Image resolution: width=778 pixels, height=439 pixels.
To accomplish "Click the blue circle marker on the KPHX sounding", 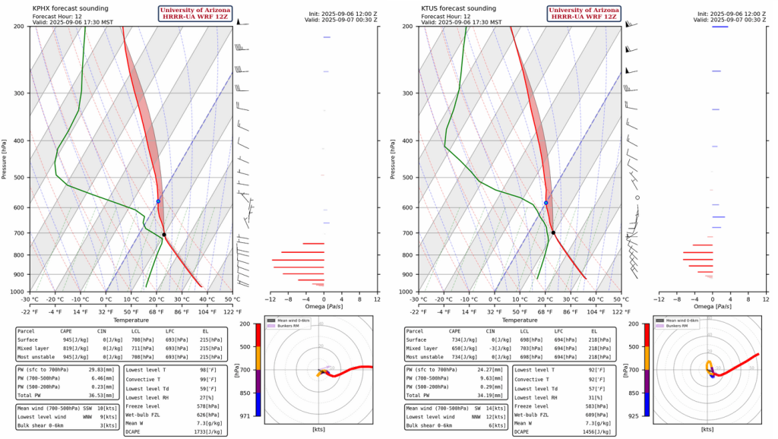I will click(158, 201).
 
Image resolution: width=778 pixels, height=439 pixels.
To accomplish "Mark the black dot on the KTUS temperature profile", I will click(553, 232).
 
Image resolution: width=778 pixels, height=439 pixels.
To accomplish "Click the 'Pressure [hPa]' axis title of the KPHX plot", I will click(7, 158).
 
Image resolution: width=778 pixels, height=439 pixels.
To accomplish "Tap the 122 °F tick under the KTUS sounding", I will click(621, 311).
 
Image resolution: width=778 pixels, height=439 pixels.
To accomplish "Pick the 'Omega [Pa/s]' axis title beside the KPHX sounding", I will click(324, 307).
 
